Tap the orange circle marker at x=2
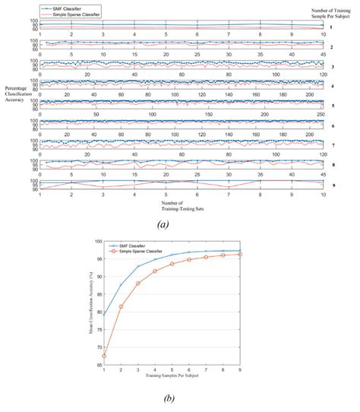point(121,306)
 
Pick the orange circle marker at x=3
point(138,283)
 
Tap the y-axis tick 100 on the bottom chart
point(97,241)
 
